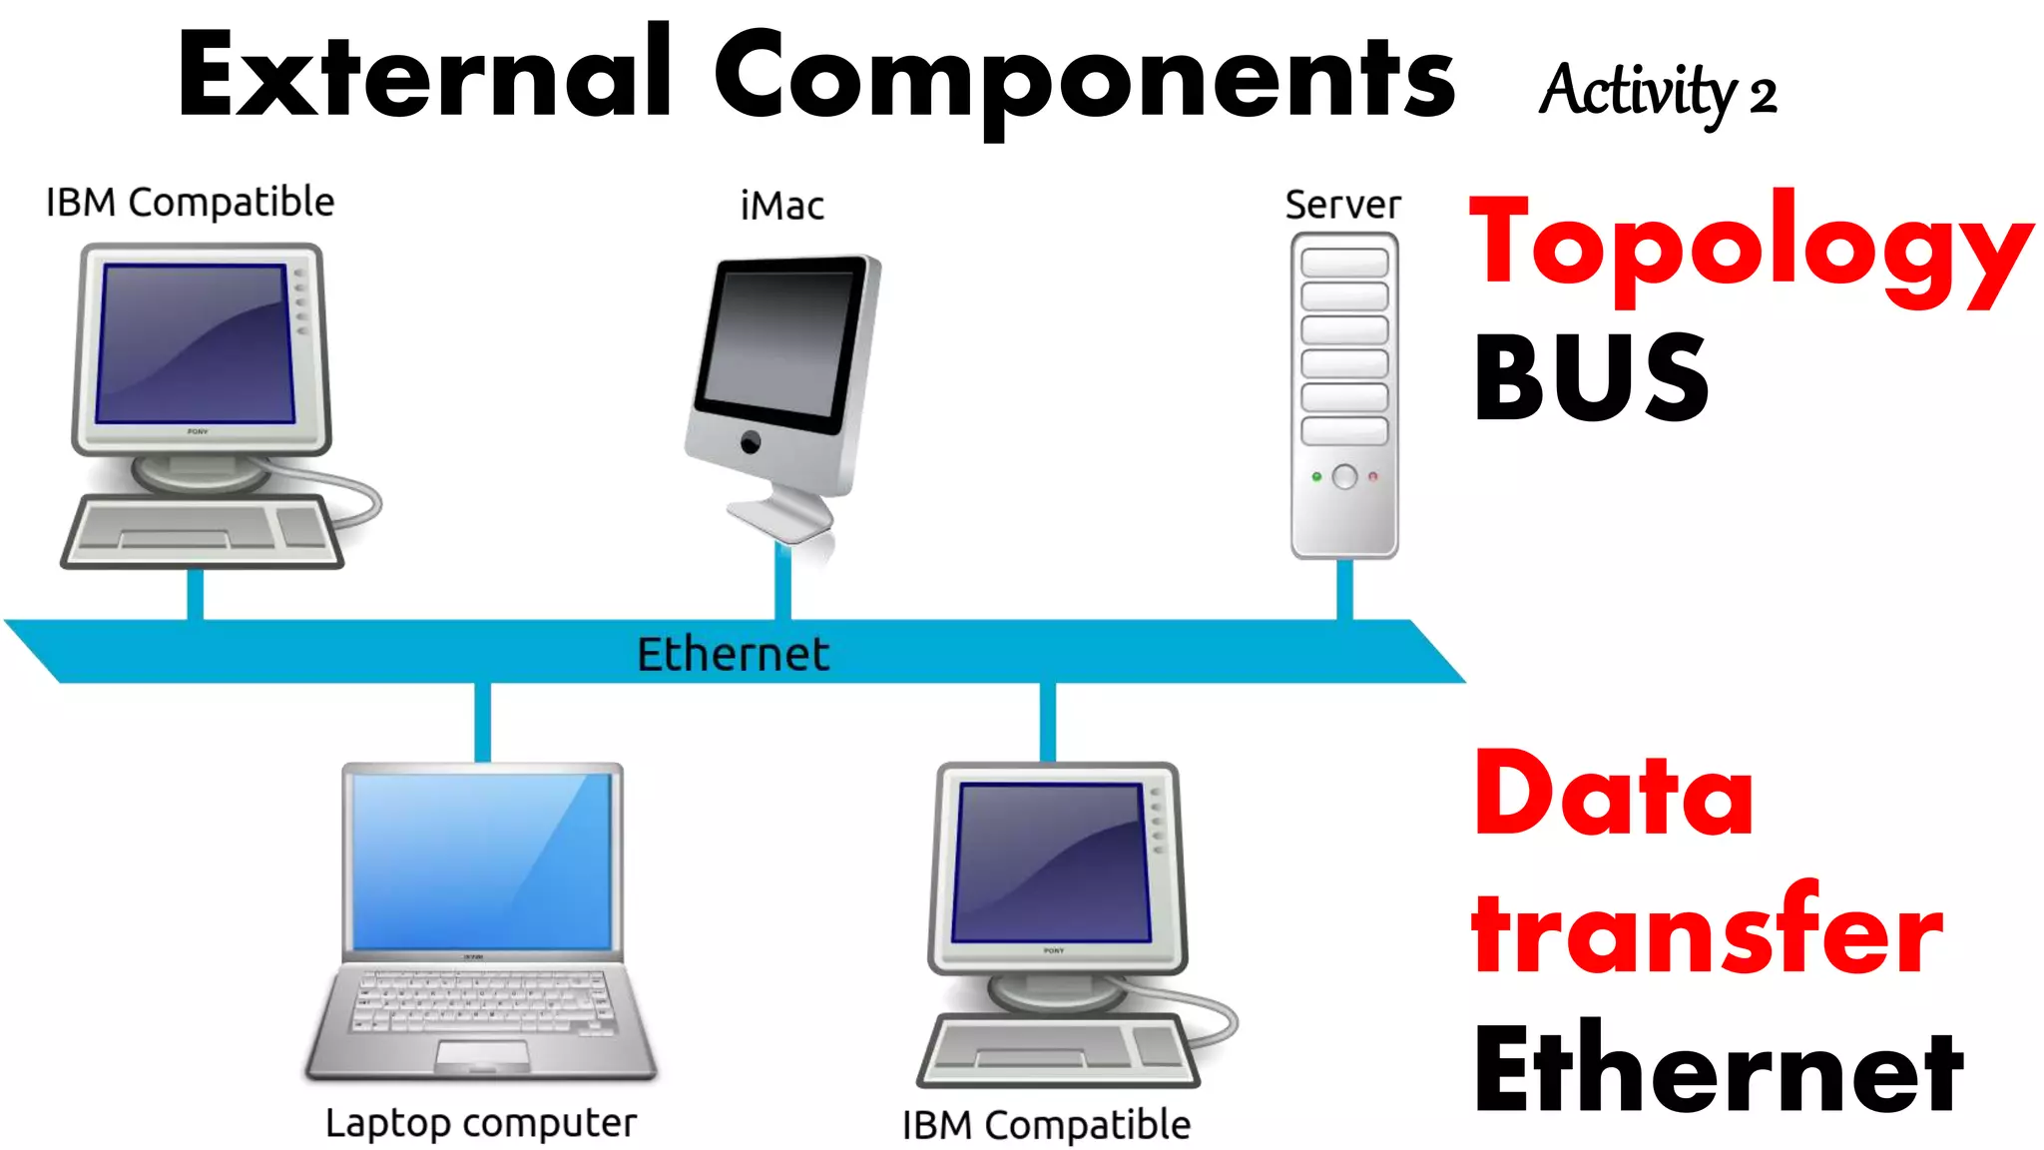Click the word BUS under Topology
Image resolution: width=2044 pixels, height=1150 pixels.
pos(1591,378)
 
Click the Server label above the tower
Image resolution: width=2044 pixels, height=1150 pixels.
pos(1342,206)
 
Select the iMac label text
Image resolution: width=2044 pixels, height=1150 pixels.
pos(782,207)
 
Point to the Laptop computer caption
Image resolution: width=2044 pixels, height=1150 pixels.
pos(481,1124)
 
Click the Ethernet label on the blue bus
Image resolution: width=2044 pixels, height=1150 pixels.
pos(734,655)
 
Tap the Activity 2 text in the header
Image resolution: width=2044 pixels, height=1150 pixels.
pos(1657,92)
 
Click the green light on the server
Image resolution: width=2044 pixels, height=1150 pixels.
pos(1316,477)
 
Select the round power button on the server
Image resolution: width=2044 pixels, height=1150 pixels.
pos(1344,477)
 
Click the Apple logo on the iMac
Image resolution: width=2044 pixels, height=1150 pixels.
pos(751,441)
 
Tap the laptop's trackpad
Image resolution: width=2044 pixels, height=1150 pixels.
pos(483,1054)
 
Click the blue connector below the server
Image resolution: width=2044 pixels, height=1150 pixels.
pos(1344,589)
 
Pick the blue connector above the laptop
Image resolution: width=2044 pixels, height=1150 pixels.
pos(483,722)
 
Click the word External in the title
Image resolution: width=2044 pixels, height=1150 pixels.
pos(424,75)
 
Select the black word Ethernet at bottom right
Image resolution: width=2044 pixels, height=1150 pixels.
pos(1719,1070)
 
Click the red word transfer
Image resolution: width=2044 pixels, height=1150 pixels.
pos(1707,930)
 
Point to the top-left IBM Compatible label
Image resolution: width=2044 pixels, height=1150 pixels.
pos(190,203)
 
